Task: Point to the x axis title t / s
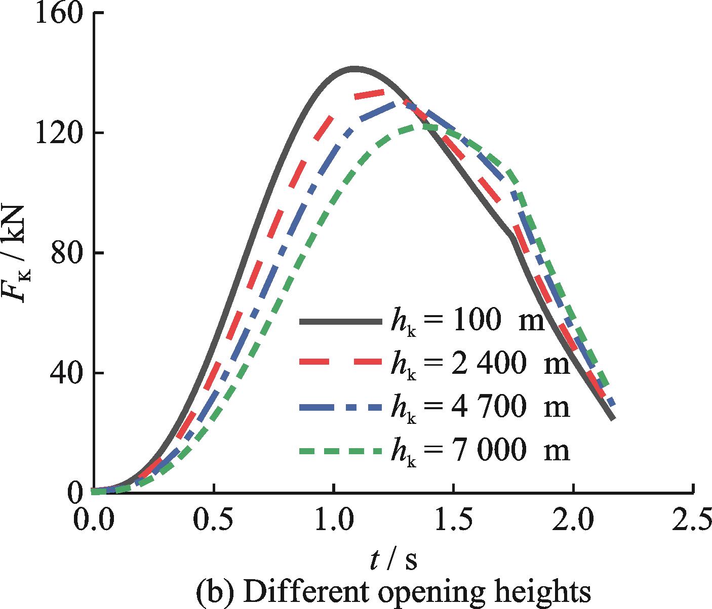[x=393, y=560]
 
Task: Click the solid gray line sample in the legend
[x=340, y=321]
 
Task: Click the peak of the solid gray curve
[x=353, y=67]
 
